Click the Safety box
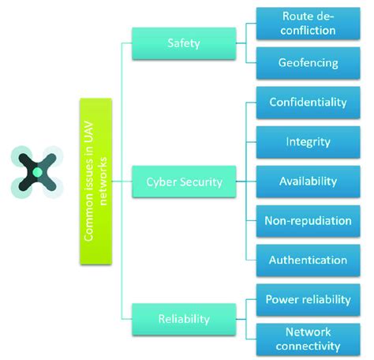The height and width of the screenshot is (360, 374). coord(183,43)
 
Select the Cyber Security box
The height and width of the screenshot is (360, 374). coord(183,182)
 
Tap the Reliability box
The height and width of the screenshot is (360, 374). coord(183,318)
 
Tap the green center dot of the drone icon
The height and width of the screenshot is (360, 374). coord(35,171)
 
